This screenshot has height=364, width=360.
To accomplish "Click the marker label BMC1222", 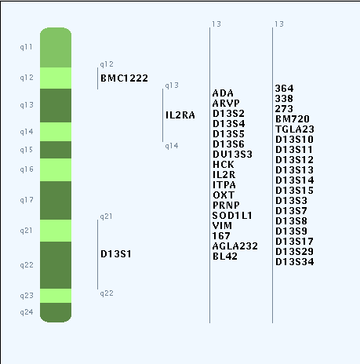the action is [x=124, y=78].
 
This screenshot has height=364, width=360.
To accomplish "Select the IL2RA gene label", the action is [x=180, y=115].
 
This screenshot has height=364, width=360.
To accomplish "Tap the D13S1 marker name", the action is [x=116, y=254].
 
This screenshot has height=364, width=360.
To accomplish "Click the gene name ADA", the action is [x=223, y=93].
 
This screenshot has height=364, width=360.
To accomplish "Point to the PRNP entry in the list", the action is [x=226, y=206].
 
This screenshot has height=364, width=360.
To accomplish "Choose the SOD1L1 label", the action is [x=232, y=216].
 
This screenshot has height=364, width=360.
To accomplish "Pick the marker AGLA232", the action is [x=235, y=246].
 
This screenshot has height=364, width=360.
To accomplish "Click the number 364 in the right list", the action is [x=284, y=89].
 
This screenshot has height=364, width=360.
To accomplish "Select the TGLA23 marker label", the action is [x=295, y=129].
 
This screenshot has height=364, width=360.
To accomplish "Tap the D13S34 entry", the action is [x=295, y=262].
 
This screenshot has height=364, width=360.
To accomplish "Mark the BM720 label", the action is [x=293, y=119].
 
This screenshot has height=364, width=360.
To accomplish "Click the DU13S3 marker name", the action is [x=232, y=155].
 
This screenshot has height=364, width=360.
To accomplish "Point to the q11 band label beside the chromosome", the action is [x=27, y=47].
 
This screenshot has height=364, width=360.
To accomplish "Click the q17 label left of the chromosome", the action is [x=27, y=200].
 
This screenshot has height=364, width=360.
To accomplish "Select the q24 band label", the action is [x=27, y=312].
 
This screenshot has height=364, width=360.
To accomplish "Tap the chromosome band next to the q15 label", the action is [x=56, y=150].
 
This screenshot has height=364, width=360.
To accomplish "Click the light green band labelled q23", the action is [x=56, y=296].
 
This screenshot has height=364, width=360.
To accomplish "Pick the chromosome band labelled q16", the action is [x=56, y=170].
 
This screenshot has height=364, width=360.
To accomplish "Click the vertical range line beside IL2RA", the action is [x=162, y=115].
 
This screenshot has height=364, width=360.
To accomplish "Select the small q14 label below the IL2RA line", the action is [x=172, y=146].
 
